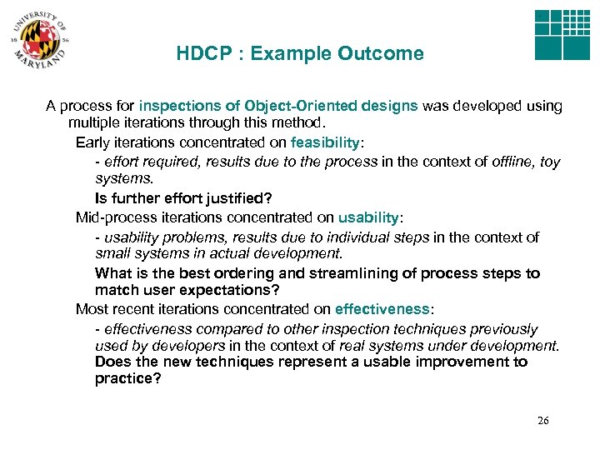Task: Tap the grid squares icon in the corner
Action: click(562, 35)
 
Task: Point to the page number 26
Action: click(542, 421)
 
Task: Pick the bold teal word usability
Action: click(368, 217)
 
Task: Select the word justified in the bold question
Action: click(231, 198)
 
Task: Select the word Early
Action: click(92, 142)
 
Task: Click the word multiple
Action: click(94, 123)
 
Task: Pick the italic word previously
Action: click(506, 329)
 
